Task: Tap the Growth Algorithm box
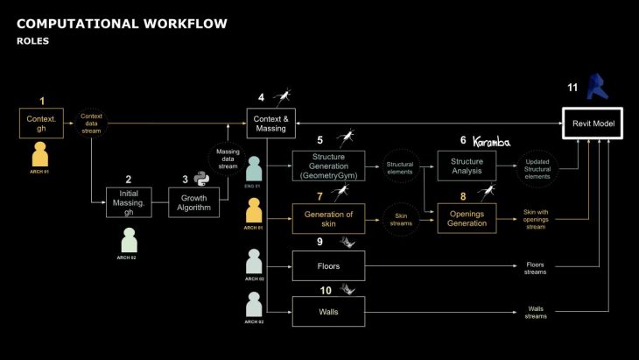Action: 193,202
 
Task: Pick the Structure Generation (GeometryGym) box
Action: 326,166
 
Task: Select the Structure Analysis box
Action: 467,166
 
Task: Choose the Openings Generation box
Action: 467,216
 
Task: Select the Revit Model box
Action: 593,124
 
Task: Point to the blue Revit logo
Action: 596,88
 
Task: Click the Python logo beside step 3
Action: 203,179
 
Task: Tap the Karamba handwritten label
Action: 497,140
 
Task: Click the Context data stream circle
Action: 91,123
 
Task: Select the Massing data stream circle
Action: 227,159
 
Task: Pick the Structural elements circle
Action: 401,166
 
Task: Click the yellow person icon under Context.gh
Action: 39,156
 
